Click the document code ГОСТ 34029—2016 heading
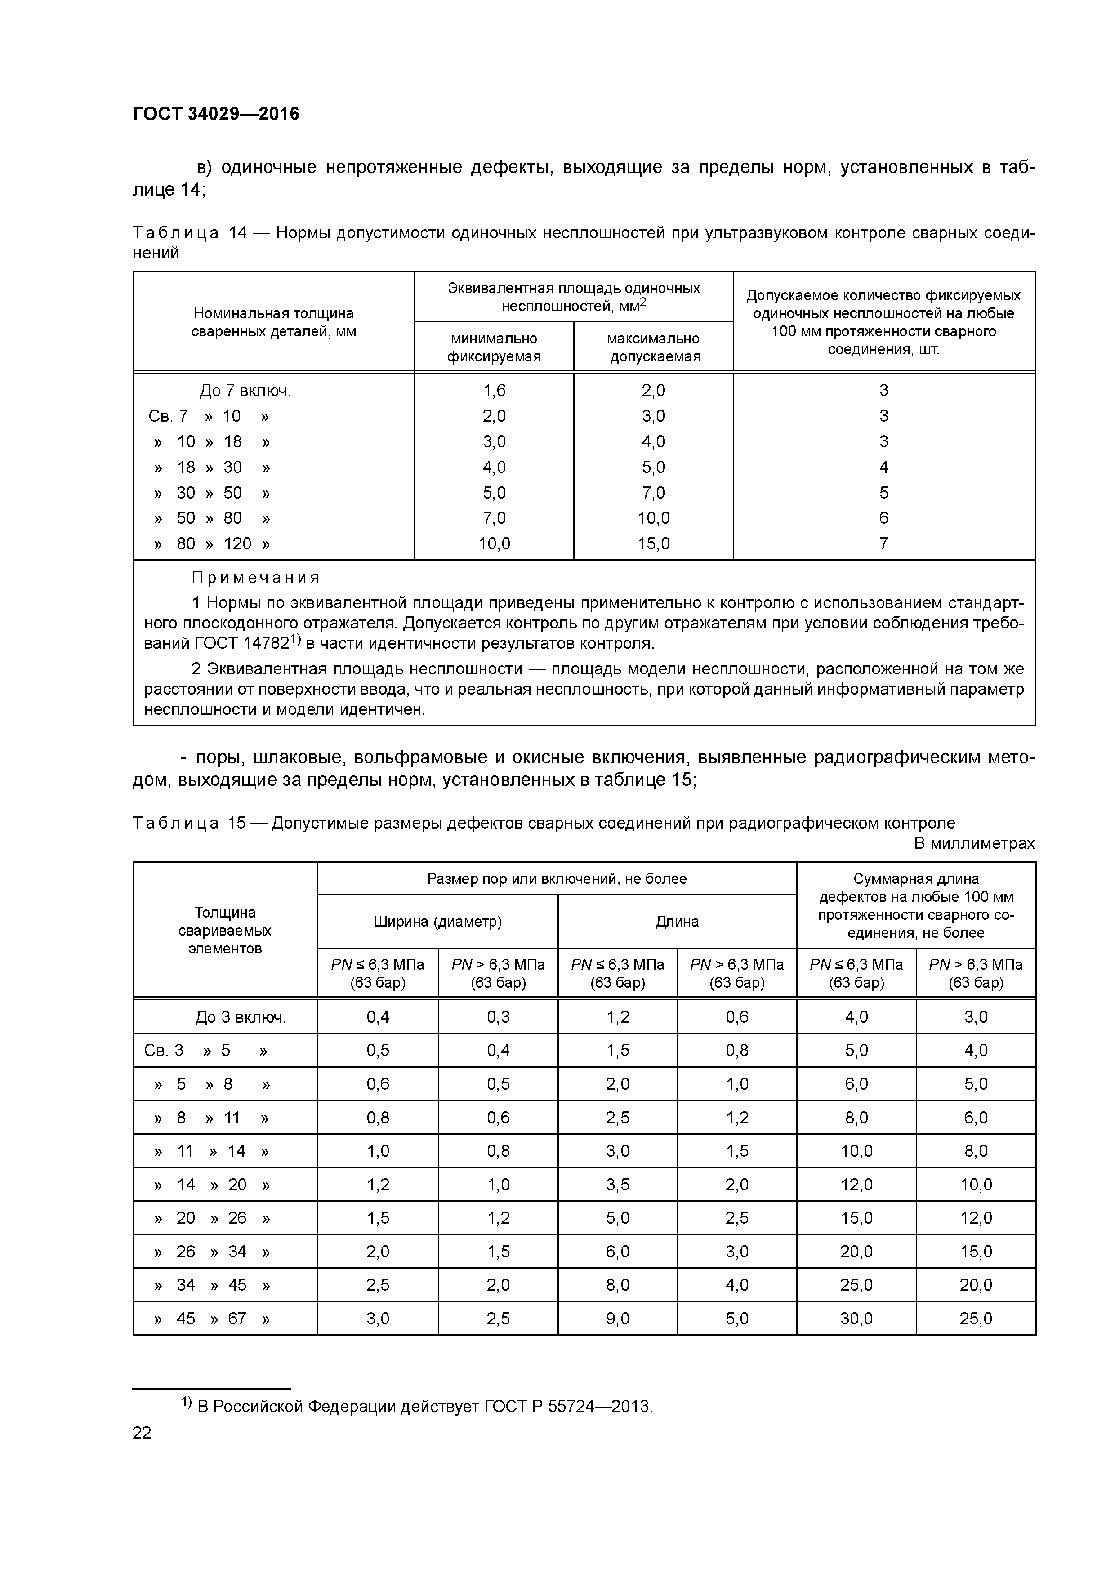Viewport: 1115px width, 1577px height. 216,114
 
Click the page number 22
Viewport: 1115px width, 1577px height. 142,1433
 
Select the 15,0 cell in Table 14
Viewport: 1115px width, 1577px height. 653,544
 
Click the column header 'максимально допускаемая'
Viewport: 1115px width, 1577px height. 653,347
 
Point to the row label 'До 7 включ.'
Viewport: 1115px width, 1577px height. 245,391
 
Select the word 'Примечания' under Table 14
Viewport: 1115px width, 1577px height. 255,578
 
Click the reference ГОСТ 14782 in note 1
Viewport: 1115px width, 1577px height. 241,644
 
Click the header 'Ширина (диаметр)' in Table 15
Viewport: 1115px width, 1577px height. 437,922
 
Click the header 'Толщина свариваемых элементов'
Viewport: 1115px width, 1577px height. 225,931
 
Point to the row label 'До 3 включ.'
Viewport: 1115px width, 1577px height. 240,1017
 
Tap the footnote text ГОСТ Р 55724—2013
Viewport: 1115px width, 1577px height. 567,1407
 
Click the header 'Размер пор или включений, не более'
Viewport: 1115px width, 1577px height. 557,878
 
